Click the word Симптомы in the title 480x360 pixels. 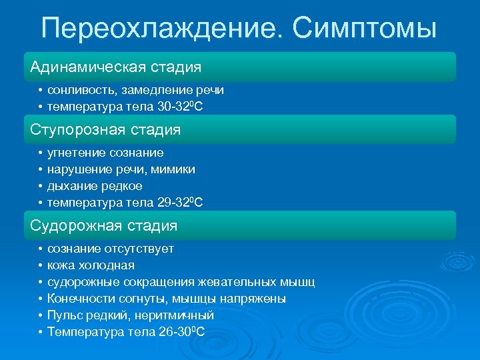pyautogui.click(x=365, y=28)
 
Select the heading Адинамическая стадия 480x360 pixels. pyautogui.click(x=116, y=67)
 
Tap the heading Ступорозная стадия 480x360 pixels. pyautogui.click(x=105, y=129)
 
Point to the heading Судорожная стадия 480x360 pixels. pyautogui.click(x=104, y=226)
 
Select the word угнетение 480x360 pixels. pyautogui.click(x=76, y=153)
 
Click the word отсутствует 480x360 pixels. pyautogui.click(x=139, y=249)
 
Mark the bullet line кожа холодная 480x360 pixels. pyautogui.click(x=91, y=265)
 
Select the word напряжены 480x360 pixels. pyautogui.click(x=253, y=299)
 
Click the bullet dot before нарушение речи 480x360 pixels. pyautogui.click(x=41, y=169)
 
